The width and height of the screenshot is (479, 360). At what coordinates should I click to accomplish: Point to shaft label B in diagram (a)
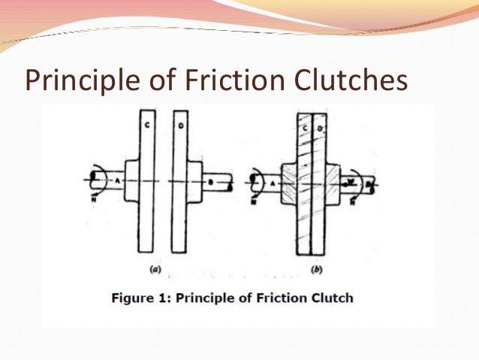click(212, 181)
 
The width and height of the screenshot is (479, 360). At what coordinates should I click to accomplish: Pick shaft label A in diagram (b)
click(273, 181)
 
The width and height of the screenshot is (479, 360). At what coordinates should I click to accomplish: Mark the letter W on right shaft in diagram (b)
click(351, 181)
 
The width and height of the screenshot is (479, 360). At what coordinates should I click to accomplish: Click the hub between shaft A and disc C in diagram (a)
click(130, 181)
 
